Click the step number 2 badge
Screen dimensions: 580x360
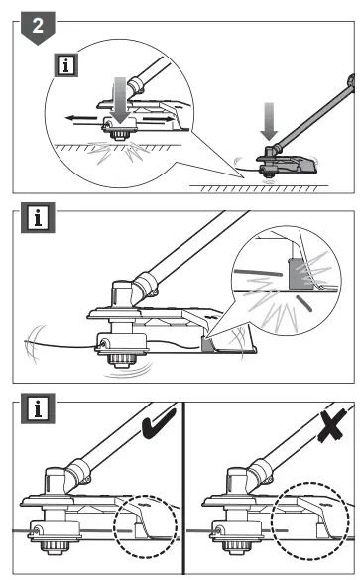point(37,27)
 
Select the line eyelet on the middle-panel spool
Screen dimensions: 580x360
point(99,344)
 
